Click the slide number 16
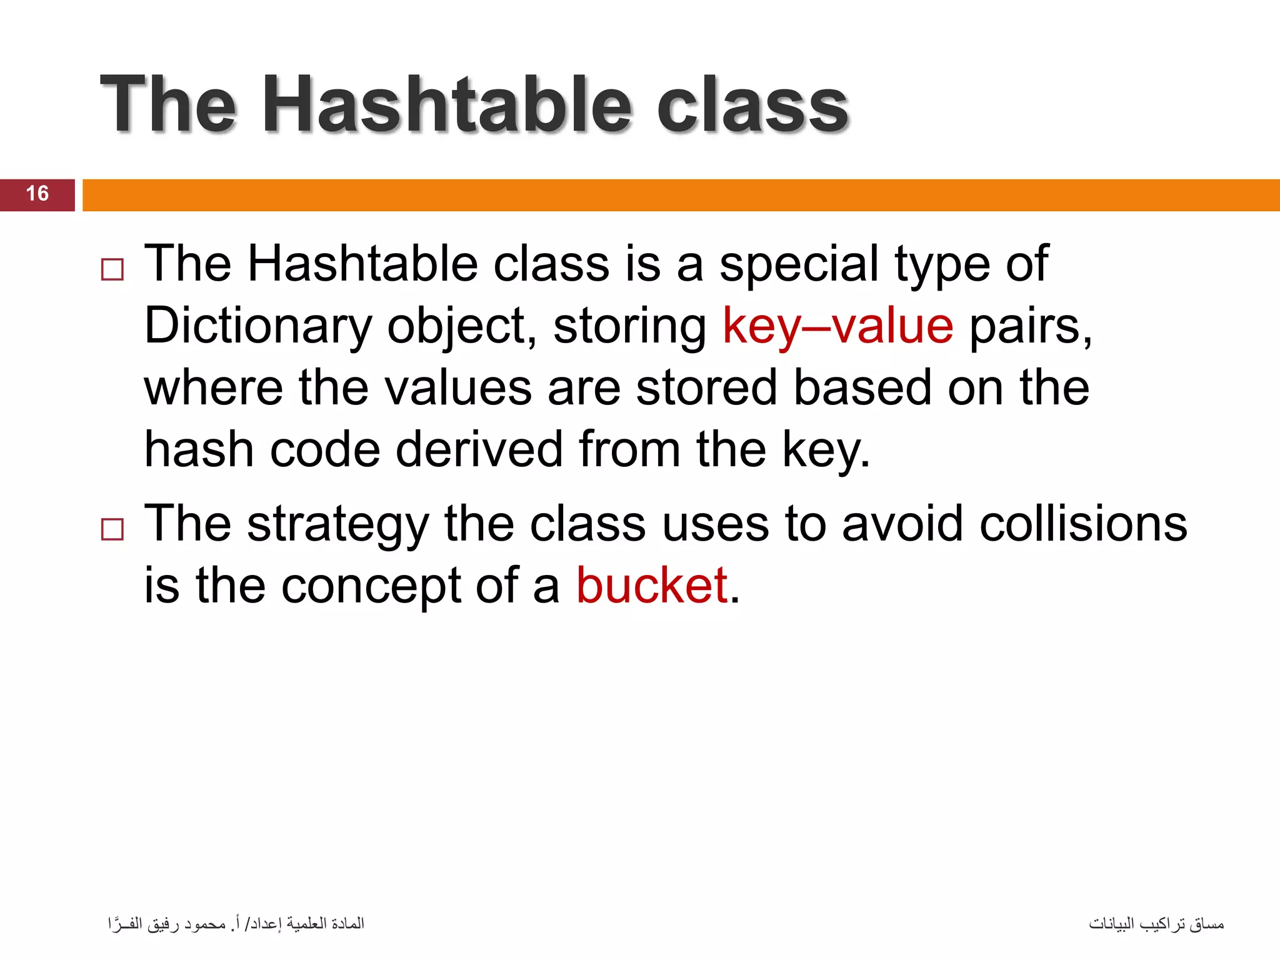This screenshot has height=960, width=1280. click(x=37, y=194)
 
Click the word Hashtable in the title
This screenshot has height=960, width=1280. click(x=447, y=105)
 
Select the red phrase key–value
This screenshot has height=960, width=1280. click(x=837, y=326)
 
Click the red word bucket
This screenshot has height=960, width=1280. click(x=651, y=586)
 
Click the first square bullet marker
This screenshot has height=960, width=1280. click(x=112, y=270)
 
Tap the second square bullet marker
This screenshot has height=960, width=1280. click(x=112, y=530)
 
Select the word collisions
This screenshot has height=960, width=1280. click(x=1083, y=524)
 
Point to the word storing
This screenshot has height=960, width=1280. click(x=629, y=326)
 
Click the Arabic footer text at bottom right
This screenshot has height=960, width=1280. click(x=1156, y=924)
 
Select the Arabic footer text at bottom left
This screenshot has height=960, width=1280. click(x=236, y=924)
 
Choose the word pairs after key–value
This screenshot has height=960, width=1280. click(x=1030, y=326)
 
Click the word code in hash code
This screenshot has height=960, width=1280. click(x=324, y=449)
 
